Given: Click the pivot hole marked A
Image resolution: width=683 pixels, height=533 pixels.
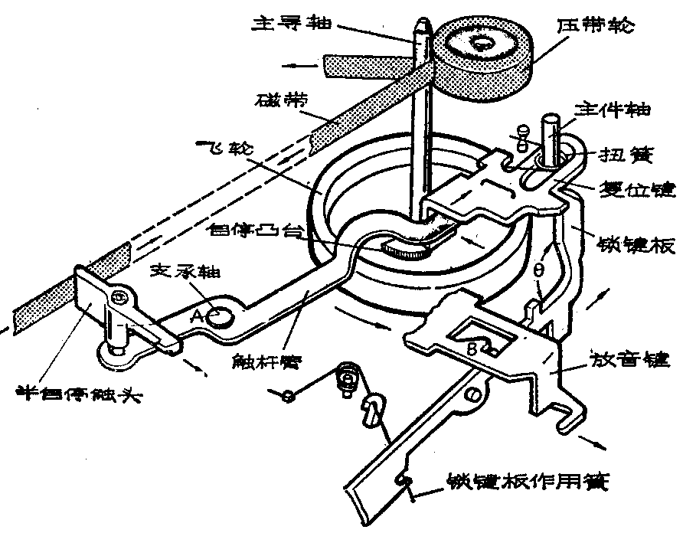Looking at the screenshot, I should pos(221,315).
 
